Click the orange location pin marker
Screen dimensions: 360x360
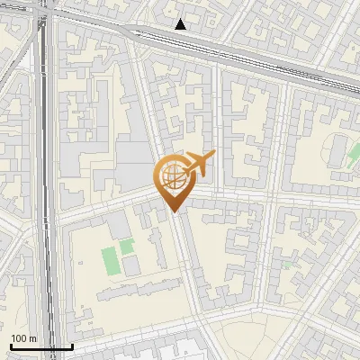click(173, 180)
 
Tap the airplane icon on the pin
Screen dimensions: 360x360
click(199, 163)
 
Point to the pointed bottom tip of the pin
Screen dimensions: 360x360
click(174, 211)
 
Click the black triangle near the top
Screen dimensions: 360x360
click(181, 24)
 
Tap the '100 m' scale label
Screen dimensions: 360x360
click(24, 338)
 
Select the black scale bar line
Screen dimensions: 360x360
click(41, 346)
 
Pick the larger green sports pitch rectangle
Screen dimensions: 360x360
click(111, 260)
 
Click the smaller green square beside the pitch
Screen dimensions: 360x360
click(126, 244)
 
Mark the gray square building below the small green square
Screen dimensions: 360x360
click(131, 265)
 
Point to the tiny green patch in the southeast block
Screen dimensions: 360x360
click(286, 265)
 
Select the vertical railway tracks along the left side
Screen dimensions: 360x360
click(45, 180)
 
